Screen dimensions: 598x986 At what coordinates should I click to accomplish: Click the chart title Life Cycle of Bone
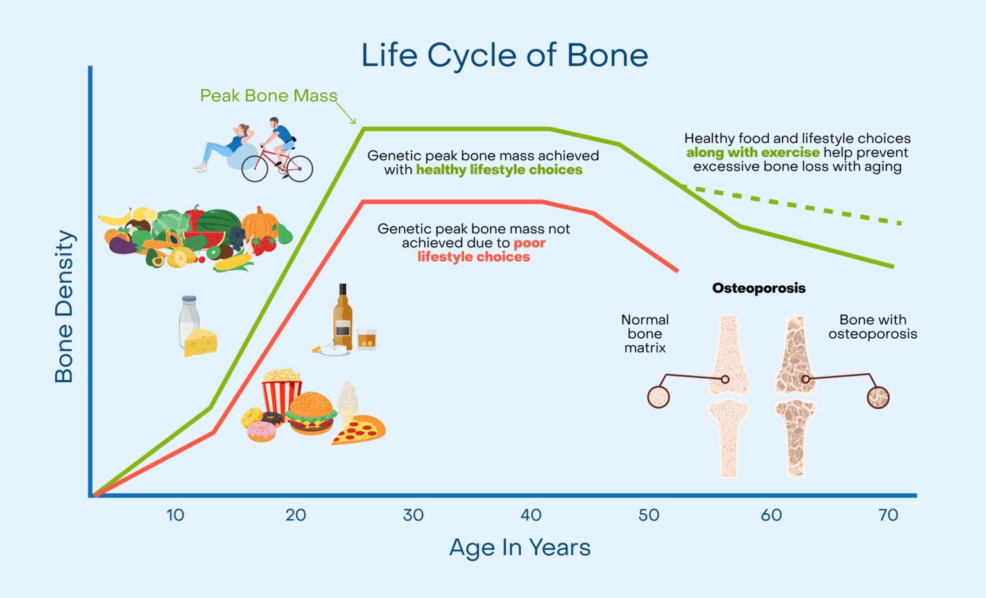(505, 55)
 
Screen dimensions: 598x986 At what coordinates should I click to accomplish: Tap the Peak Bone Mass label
(268, 96)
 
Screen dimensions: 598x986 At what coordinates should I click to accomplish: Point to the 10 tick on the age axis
(175, 515)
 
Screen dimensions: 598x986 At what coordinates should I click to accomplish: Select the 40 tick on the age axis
(531, 515)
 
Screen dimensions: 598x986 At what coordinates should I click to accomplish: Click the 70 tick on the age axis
(888, 515)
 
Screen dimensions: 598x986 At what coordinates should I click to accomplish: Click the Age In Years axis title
(519, 548)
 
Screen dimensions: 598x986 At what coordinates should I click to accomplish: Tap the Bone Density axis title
(64, 306)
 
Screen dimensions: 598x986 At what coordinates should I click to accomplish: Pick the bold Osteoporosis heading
(759, 288)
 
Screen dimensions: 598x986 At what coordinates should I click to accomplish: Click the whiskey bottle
(343, 318)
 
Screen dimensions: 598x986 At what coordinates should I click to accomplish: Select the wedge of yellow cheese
(200, 343)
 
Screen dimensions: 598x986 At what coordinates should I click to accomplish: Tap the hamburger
(311, 414)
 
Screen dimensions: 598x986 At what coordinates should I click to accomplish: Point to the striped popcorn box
(281, 393)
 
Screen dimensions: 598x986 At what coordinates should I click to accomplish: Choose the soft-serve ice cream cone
(347, 400)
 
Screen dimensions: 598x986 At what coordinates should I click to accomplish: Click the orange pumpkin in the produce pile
(259, 223)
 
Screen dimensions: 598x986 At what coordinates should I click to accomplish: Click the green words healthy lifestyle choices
(499, 170)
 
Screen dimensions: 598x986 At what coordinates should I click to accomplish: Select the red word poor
(530, 243)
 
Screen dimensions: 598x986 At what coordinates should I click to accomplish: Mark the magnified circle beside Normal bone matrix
(658, 397)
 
